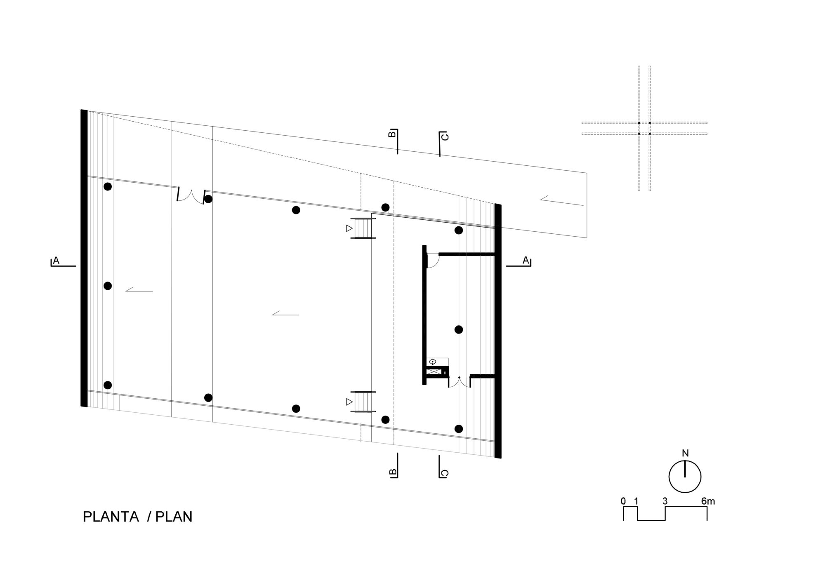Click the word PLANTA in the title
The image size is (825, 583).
coord(111,517)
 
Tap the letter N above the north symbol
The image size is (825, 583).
coord(685,453)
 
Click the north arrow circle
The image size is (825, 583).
coord(685,476)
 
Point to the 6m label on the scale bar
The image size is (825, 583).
coord(708,501)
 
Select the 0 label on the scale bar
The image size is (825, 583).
coord(623,501)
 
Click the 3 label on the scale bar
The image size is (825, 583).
coord(665,501)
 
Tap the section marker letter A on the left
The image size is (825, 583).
coord(56,261)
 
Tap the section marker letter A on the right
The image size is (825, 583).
coord(526,260)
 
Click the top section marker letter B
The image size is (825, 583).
coord(393,134)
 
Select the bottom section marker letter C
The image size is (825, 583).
coord(444,473)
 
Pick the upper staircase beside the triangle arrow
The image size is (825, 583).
coord(363,228)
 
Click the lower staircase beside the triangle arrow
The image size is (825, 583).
coord(363,402)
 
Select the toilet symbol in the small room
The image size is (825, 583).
coord(432,362)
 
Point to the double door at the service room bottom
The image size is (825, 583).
coord(459,382)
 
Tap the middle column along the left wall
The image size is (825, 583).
coord(108,286)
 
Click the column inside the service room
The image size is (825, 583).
coord(459,329)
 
